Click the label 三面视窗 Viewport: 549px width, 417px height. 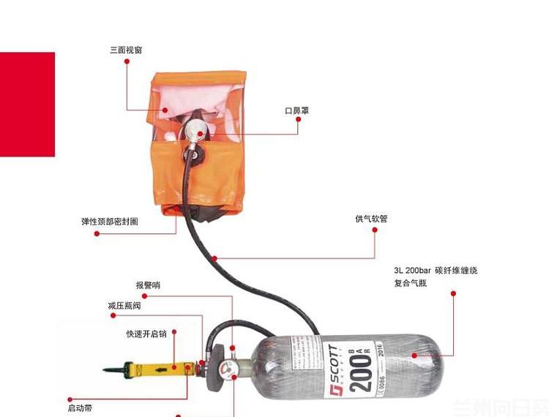point(126,50)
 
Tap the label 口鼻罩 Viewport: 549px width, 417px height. point(296,111)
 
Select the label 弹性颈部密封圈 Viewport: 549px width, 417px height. point(109,222)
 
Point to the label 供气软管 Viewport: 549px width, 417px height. point(371,218)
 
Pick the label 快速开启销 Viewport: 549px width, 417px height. point(146,334)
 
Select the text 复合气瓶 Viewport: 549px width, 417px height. point(410,283)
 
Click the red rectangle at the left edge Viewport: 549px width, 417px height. point(27,104)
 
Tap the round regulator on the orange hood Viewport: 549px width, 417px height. point(195,132)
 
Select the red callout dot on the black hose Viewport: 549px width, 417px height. point(214,258)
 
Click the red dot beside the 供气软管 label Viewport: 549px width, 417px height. point(376,230)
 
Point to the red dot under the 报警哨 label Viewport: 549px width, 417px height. point(143,296)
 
